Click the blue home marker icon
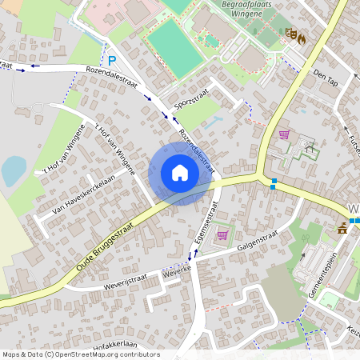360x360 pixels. coord(180,173)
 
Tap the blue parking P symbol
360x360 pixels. coord(113,59)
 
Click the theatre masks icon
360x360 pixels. coord(291,34)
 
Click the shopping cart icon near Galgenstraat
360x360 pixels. coord(222,234)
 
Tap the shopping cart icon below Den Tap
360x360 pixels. coord(283,134)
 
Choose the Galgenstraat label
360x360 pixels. coord(259,234)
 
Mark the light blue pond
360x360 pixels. coord(14,170)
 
